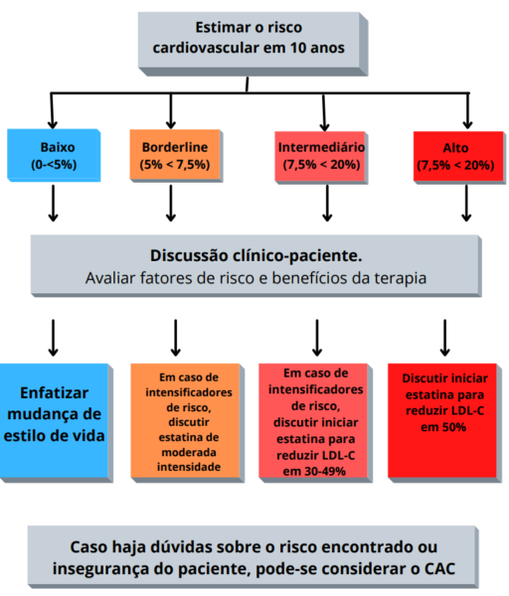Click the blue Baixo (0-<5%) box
[x=54, y=155]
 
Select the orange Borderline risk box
[x=176, y=156]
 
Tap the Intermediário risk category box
[x=321, y=158]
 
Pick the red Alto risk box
[x=459, y=158]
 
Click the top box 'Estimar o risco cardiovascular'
[x=253, y=44]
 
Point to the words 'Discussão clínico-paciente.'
[x=256, y=255]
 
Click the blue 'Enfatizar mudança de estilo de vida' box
[x=57, y=423]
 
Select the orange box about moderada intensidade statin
[x=187, y=423]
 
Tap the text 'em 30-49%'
[x=314, y=471]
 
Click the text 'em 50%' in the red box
[x=443, y=427]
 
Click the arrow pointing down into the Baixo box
[x=52, y=110]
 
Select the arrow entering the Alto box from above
[x=468, y=110]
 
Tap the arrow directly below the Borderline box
[x=171, y=204]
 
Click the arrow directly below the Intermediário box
[x=327, y=204]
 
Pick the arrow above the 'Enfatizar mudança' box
[x=54, y=338]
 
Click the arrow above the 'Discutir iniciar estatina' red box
[x=444, y=338]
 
